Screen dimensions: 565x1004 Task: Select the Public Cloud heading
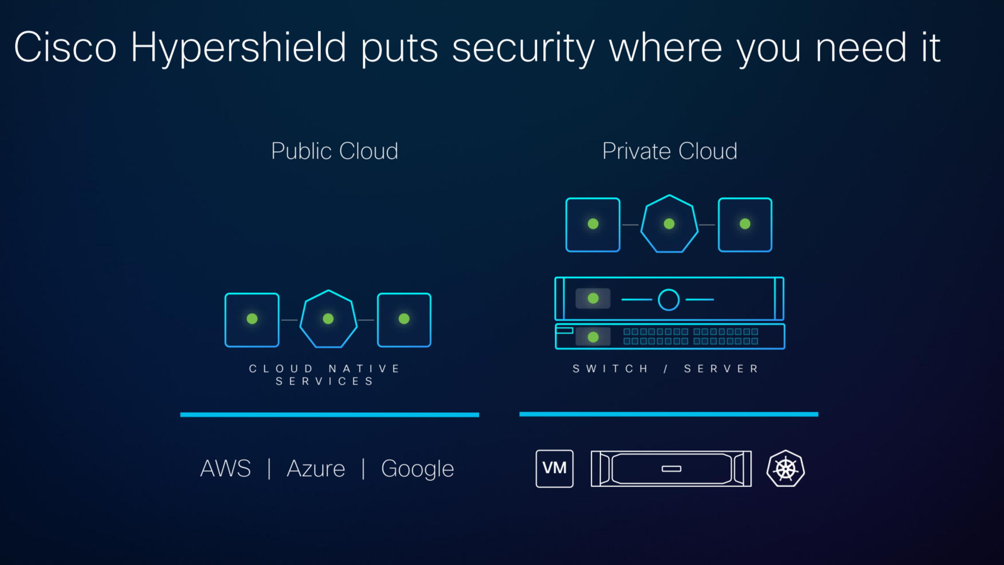[335, 151]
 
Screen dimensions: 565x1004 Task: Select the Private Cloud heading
[669, 151]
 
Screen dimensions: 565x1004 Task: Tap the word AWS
[225, 469]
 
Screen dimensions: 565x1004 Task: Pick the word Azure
[316, 469]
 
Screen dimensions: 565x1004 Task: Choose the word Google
[417, 469]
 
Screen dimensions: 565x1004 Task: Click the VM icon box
[554, 468]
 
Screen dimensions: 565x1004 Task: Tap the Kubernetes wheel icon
[785, 468]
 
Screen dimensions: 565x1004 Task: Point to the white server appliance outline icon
[671, 468]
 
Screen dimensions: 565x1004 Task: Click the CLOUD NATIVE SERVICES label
[325, 375]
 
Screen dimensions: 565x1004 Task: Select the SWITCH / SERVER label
[666, 369]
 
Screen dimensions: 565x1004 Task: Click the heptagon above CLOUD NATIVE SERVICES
[328, 319]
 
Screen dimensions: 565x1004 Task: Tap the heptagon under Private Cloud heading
[669, 224]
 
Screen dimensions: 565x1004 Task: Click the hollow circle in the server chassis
[668, 300]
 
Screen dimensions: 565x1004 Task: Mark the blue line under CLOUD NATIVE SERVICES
[329, 415]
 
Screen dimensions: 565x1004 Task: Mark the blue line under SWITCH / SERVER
[668, 414]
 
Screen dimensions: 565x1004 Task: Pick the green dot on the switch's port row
[593, 337]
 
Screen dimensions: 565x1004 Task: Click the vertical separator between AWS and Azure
[269, 469]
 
